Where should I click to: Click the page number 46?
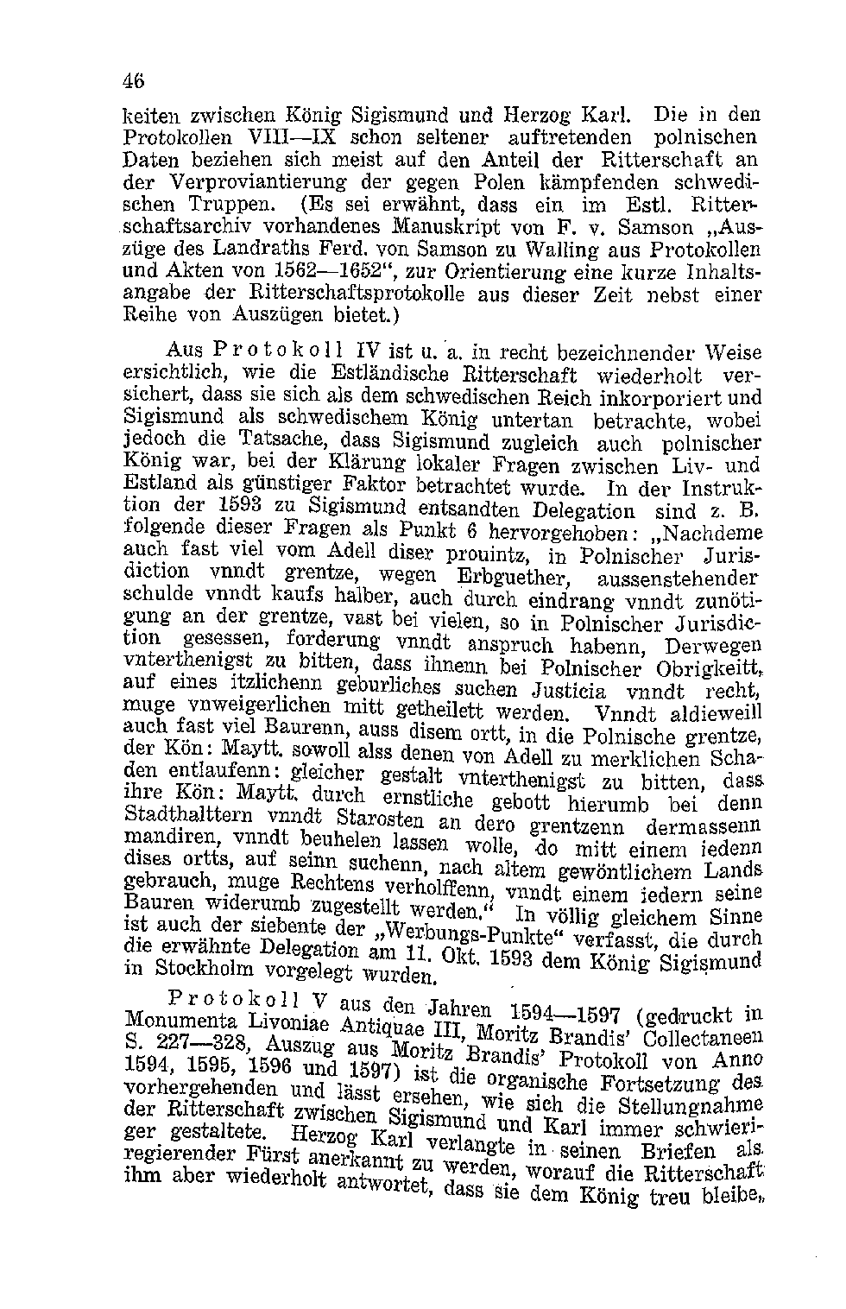pos(133,80)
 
